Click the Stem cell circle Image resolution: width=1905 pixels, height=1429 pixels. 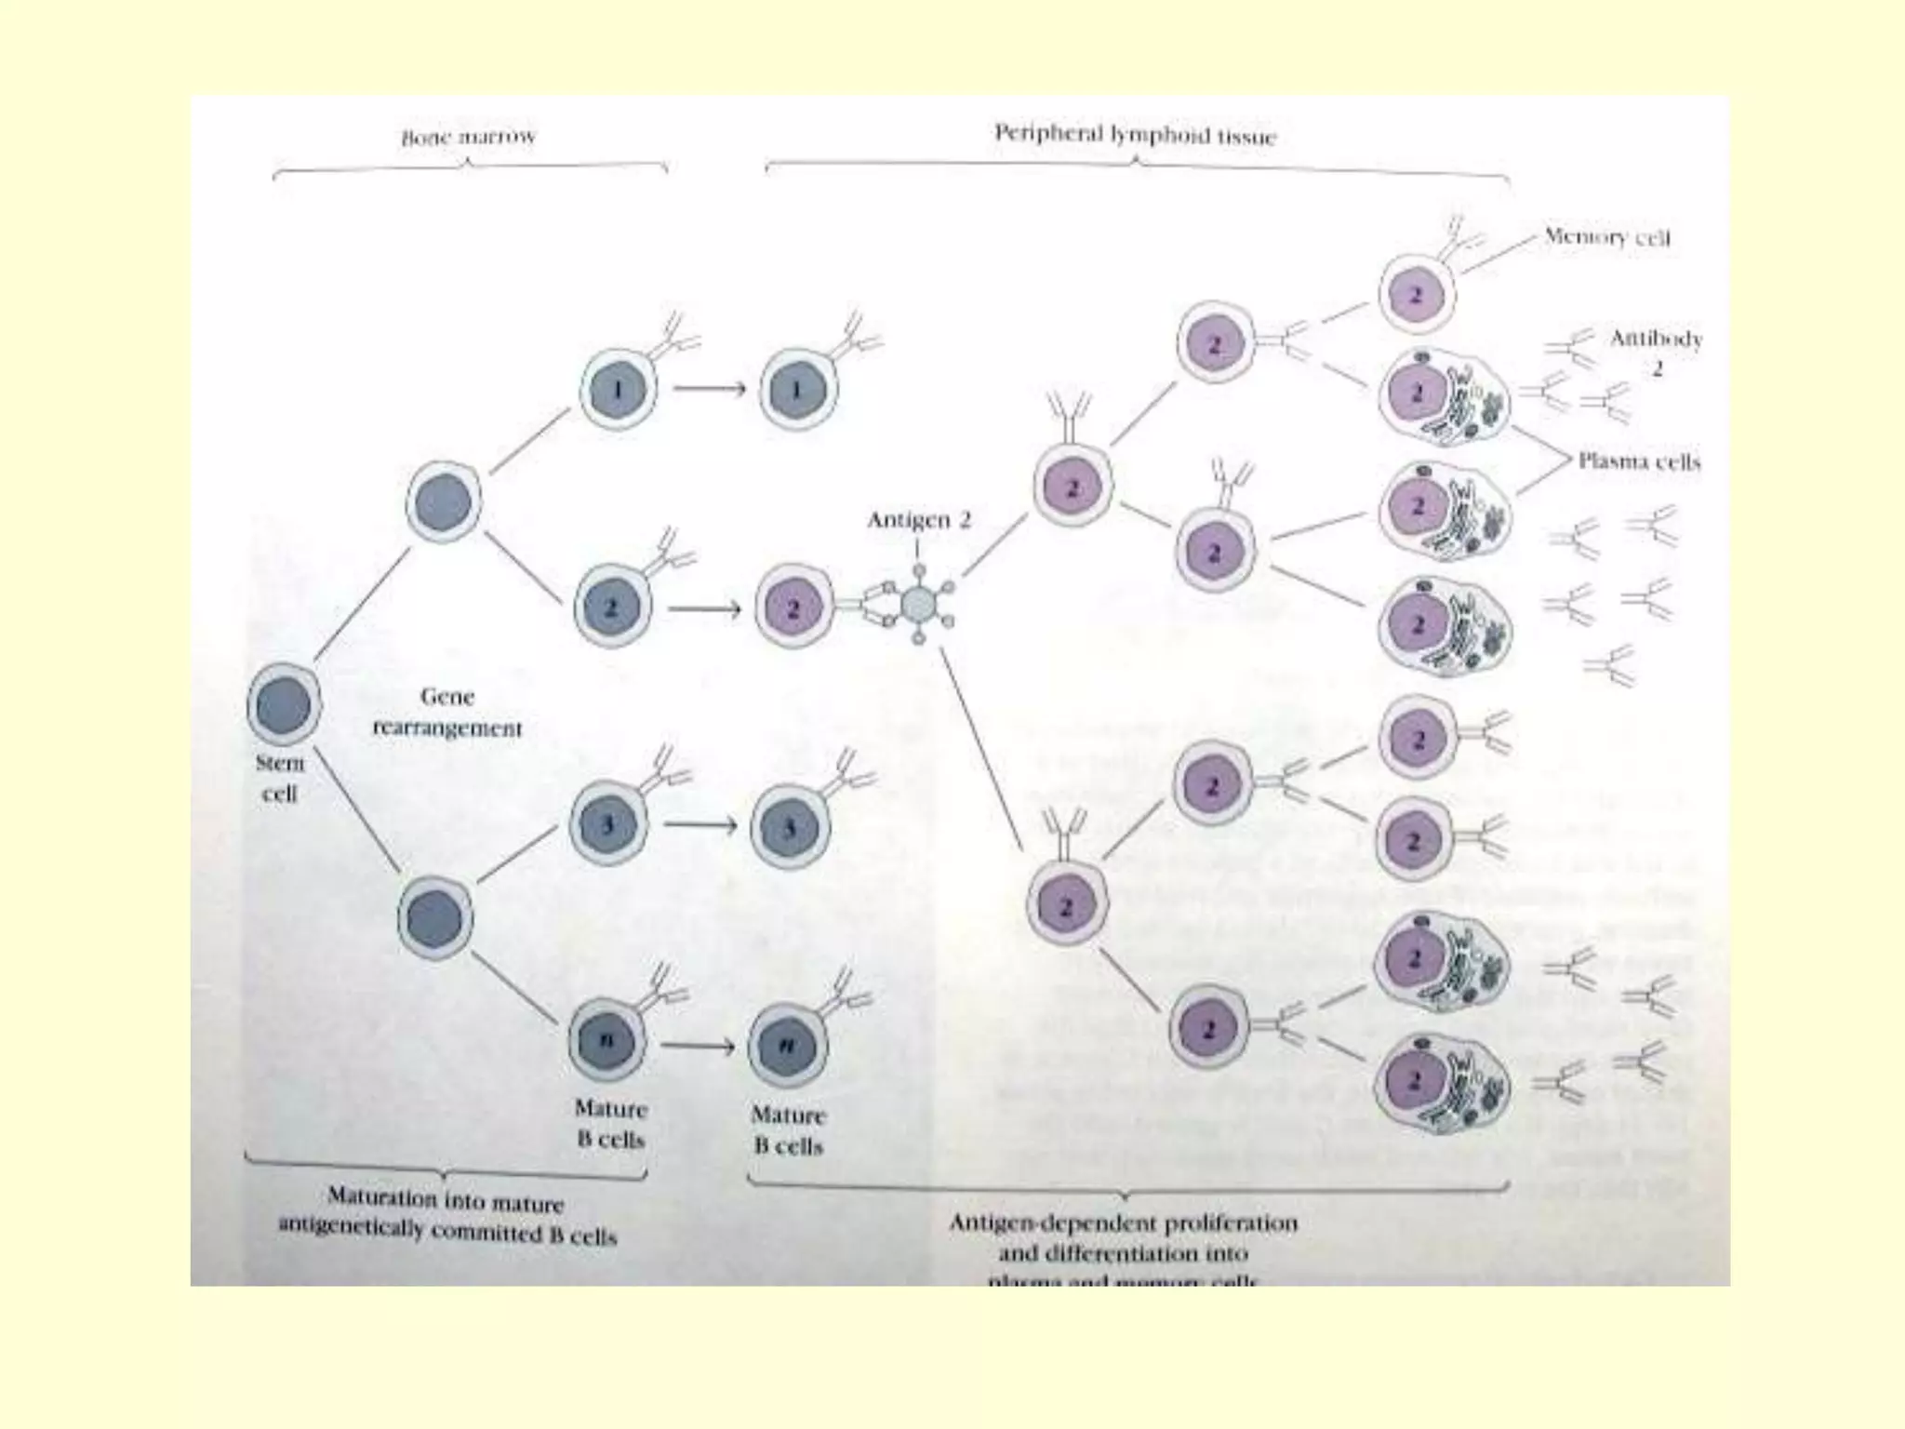pos(284,704)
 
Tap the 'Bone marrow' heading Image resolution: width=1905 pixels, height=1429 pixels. pos(469,138)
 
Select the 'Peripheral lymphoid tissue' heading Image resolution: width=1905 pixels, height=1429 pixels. pos(1135,135)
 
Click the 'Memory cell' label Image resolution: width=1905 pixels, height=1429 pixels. pos(1606,236)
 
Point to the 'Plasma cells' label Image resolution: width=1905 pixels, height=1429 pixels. pos(1639,461)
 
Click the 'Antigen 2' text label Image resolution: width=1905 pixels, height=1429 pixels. pos(918,520)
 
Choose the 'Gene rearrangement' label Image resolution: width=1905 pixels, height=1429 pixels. pos(447,712)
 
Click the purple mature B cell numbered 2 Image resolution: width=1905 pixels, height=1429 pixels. pos(793,608)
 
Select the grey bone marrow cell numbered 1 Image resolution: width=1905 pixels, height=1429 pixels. pos(619,389)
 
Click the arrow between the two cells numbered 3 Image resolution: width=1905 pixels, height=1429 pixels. pos(699,825)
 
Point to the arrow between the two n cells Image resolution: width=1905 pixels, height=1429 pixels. pos(698,1046)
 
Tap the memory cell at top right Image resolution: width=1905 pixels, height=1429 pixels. pos(1416,296)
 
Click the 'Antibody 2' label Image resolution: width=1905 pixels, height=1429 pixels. pos(1656,352)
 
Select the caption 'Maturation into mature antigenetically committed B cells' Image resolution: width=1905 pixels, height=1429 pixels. pos(446,1216)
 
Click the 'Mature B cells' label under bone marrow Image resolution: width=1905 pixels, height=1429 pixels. pos(610,1123)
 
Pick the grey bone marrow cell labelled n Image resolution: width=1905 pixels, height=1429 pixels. pos(606,1040)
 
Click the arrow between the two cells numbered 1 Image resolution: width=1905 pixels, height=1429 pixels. pos(709,389)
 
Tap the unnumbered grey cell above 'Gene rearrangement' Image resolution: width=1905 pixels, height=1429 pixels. pos(444,502)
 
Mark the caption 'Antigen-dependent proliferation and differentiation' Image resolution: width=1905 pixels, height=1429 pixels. pos(1123,1237)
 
